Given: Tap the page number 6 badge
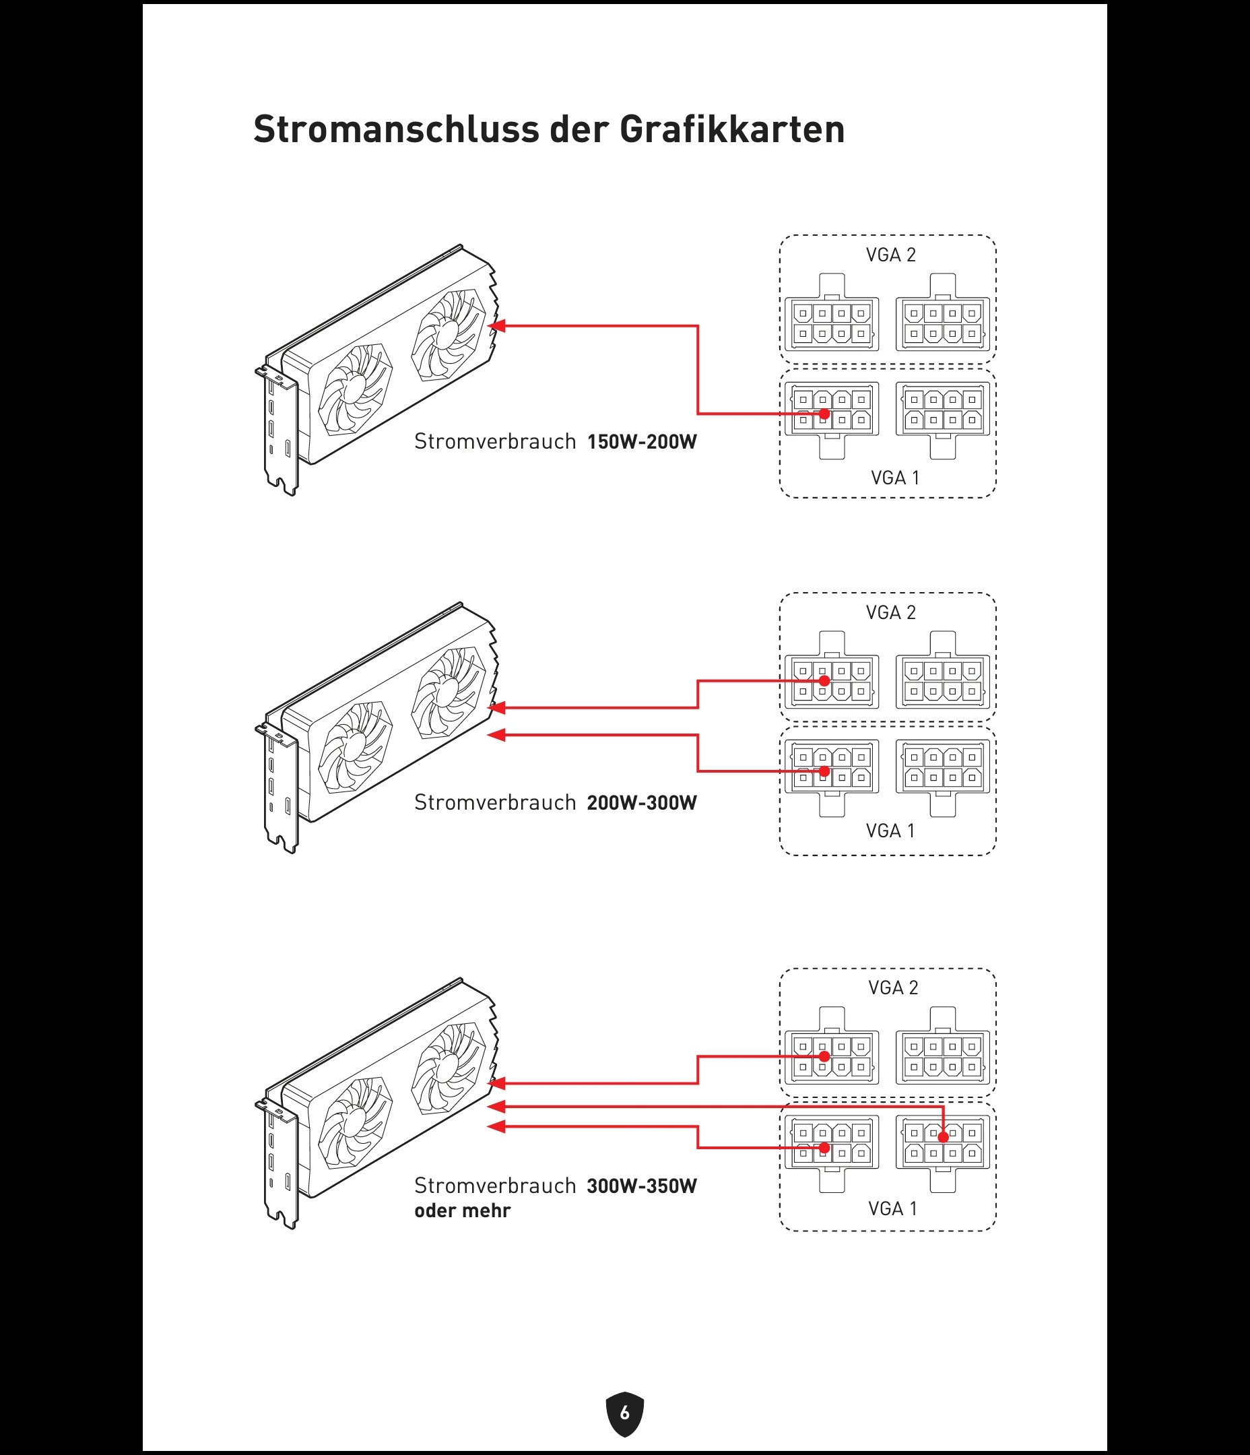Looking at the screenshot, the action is pyautogui.click(x=624, y=1412).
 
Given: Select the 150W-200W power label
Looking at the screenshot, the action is pyautogui.click(x=642, y=442).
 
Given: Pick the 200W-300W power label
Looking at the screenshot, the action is pyautogui.click(x=642, y=803).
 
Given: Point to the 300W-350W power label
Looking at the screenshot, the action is pyautogui.click(x=642, y=1186).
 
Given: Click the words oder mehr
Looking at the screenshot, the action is pyautogui.click(x=462, y=1210).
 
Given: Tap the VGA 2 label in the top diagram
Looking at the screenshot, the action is pyautogui.click(x=890, y=255).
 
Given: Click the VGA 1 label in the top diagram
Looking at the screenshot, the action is pyautogui.click(x=894, y=478).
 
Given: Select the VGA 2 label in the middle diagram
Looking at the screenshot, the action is pyautogui.click(x=890, y=612).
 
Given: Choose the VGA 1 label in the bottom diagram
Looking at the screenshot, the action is pyautogui.click(x=892, y=1208).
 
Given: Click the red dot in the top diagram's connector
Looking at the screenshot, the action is pyautogui.click(x=824, y=414).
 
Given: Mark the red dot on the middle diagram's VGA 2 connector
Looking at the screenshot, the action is pyautogui.click(x=824, y=680).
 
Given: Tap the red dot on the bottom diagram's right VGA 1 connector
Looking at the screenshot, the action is pyautogui.click(x=943, y=1137).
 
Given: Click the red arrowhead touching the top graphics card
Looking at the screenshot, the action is pyautogui.click(x=496, y=326).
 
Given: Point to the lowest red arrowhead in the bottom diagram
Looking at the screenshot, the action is pyautogui.click(x=496, y=1127).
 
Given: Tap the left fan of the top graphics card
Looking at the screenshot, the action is pyautogui.click(x=355, y=390).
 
